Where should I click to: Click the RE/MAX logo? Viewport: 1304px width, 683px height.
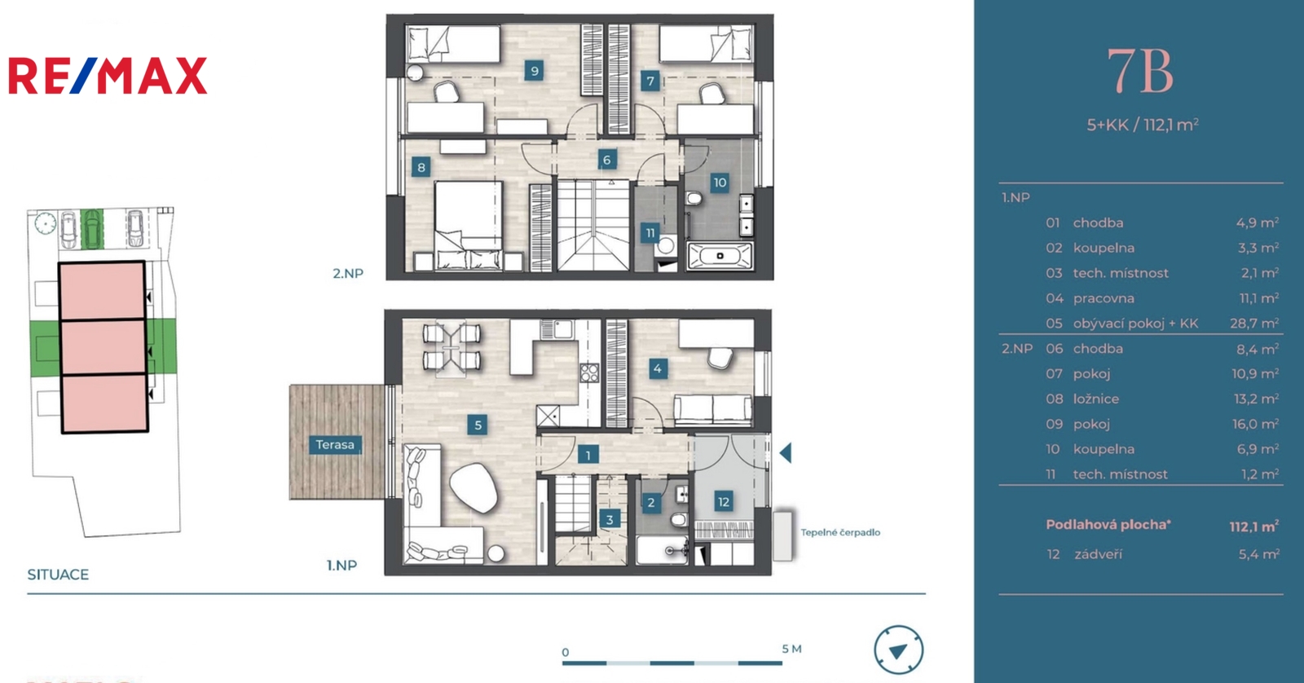point(108,75)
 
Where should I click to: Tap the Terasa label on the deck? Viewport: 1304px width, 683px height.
point(335,445)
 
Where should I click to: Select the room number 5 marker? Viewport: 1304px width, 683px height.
point(478,425)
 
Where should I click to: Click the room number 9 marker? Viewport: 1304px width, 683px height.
point(534,71)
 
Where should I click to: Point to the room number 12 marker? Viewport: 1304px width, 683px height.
point(723,502)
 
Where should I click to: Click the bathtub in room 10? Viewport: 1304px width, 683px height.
point(720,256)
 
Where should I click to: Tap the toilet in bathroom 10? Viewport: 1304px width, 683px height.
point(694,199)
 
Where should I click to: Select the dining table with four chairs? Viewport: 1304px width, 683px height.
point(452,348)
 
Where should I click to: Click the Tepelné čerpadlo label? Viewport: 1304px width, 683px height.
point(840,532)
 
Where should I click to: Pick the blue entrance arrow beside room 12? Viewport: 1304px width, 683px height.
point(786,453)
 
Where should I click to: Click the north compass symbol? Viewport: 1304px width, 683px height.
point(898,650)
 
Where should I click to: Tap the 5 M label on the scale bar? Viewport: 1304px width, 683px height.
point(791,649)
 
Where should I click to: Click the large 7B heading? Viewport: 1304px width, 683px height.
point(1140,73)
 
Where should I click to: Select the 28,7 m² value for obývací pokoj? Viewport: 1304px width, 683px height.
point(1254,324)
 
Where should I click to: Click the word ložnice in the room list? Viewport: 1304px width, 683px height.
point(1096,399)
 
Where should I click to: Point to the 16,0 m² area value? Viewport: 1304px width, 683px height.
point(1256,424)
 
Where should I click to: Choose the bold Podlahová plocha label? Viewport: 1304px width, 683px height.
point(1108,525)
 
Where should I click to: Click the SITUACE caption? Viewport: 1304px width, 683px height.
point(58,575)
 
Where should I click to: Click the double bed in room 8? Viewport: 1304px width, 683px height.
point(469,226)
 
